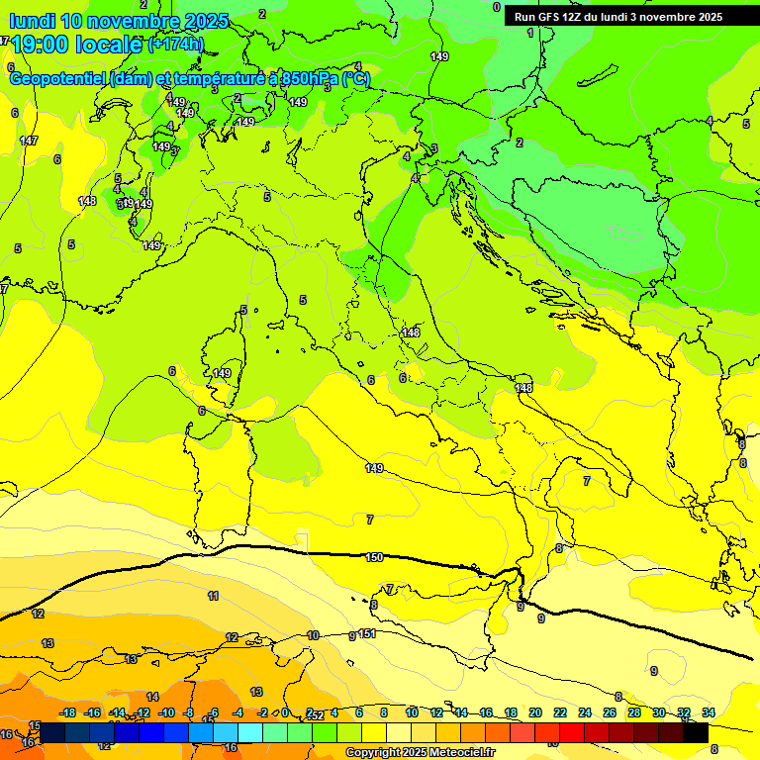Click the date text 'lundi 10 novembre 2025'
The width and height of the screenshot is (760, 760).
(x=119, y=21)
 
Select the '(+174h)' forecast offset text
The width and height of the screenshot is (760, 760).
(x=175, y=45)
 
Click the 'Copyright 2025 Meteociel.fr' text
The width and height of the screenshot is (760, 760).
(x=421, y=753)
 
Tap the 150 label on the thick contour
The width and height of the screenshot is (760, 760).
(x=374, y=558)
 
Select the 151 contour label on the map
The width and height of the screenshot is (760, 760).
(x=367, y=634)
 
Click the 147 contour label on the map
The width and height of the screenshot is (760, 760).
(x=29, y=142)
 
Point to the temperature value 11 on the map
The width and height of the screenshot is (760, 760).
(x=213, y=596)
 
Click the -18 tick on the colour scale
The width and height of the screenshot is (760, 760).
(x=68, y=712)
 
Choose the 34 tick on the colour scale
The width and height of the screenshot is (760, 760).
(x=709, y=712)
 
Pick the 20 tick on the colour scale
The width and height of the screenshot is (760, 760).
(x=535, y=712)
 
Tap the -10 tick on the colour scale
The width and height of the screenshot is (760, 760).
(x=167, y=712)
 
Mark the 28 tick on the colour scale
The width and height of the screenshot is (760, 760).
(x=634, y=712)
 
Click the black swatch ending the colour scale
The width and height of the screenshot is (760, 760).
(x=696, y=732)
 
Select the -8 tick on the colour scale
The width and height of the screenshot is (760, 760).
(x=189, y=712)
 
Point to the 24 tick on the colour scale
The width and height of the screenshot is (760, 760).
(x=585, y=712)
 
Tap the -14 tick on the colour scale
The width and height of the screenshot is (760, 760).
(x=118, y=712)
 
